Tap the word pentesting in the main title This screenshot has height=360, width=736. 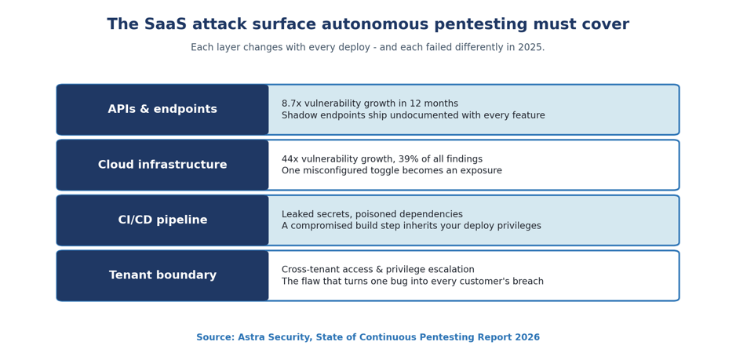coord(481,24)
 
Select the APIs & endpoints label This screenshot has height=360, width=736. coord(162,109)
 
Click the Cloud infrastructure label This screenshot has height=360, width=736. coord(162,165)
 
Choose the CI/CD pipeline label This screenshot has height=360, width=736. coord(162,220)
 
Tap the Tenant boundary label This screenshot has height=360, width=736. coord(162,275)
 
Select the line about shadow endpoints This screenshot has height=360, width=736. coord(413,115)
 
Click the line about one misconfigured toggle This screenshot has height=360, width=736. coord(392,170)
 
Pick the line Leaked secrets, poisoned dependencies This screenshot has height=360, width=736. coord(372,214)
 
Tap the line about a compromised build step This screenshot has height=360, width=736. coord(411,226)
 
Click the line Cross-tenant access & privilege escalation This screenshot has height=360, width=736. coord(378,270)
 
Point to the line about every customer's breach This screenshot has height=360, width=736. coord(413,281)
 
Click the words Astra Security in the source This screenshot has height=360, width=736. coord(275,337)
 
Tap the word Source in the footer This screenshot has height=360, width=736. coord(215,337)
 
